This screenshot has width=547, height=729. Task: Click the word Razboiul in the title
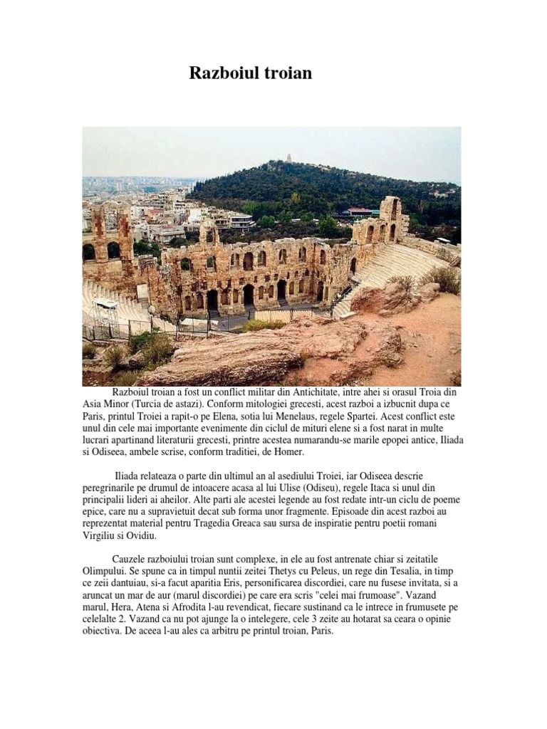click(x=222, y=73)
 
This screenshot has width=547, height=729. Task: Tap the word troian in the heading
click(x=286, y=73)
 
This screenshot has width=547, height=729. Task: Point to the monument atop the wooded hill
click(x=289, y=158)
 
